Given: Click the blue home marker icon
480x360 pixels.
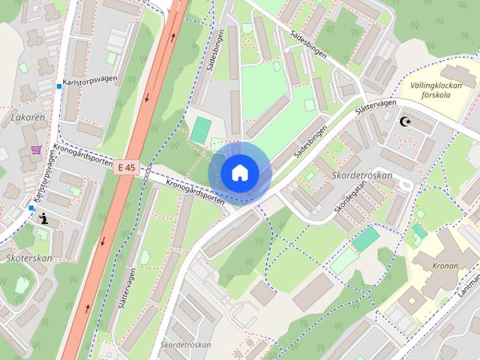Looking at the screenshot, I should [238, 172].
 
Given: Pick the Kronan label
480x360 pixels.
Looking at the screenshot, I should [445, 265].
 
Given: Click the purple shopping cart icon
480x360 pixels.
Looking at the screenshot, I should [36, 149].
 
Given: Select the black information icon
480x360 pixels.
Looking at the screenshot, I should [43, 219].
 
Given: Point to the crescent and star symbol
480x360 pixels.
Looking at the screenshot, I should [407, 121].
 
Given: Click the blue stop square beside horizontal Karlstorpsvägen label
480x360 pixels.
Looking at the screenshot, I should [59, 86].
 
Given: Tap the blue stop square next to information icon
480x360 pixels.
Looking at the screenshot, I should [31, 208].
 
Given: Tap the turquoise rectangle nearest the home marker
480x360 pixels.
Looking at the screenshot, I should [200, 129].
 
